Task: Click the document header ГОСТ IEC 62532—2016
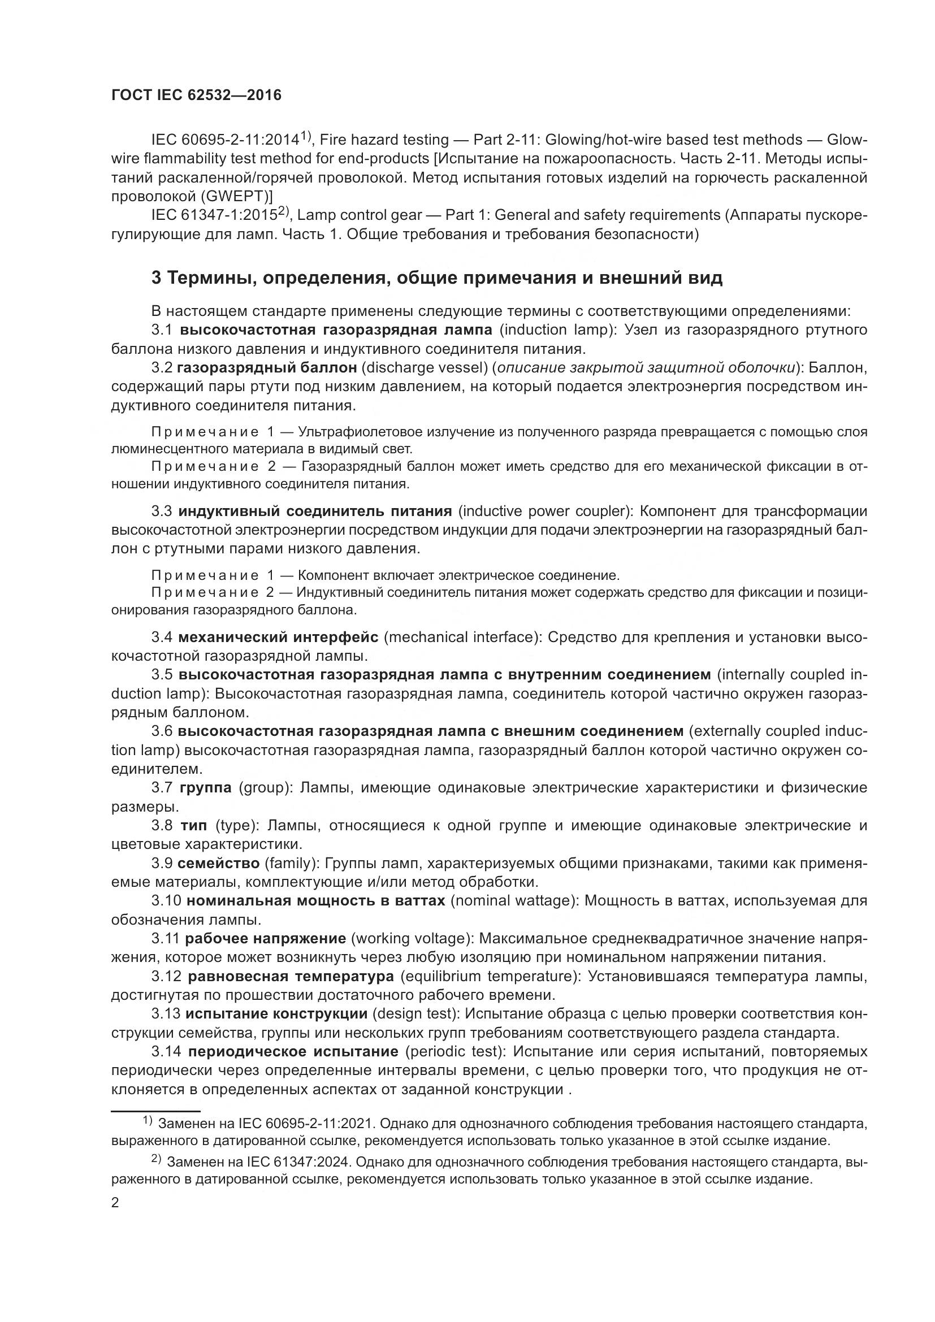196,96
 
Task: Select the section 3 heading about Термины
436,278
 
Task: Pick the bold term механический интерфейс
278,638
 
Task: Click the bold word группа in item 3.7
206,788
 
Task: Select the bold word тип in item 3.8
193,826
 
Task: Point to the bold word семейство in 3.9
219,864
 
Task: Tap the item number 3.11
166,939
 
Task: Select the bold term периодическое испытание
293,1052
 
